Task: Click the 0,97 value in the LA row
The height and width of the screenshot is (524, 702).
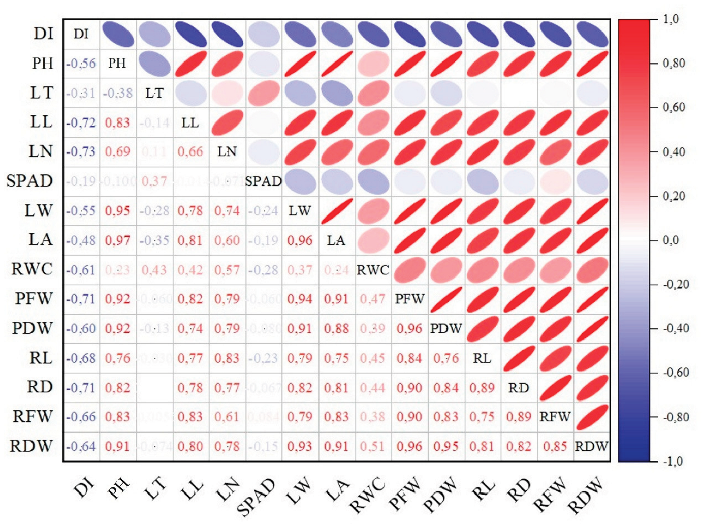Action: pyautogui.click(x=117, y=240)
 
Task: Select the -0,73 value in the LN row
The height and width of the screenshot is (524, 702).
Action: pyautogui.click(x=81, y=151)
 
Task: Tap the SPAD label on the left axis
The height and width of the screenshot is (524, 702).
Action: pyautogui.click(x=29, y=181)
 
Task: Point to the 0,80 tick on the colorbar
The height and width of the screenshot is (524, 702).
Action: pyautogui.click(x=674, y=64)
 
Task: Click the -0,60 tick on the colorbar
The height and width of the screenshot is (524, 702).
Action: pyautogui.click(x=676, y=373)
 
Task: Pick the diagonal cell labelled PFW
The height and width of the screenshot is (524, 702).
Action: pyautogui.click(x=409, y=299)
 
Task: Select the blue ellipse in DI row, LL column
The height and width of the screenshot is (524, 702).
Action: pyautogui.click(x=190, y=35)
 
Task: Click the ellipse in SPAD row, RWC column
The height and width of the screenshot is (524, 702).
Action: pyautogui.click(x=373, y=181)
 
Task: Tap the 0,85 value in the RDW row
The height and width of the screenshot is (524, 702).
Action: pyautogui.click(x=555, y=446)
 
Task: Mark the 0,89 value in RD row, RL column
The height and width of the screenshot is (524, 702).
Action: pyautogui.click(x=482, y=388)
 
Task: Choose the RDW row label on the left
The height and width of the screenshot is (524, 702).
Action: pyautogui.click(x=31, y=446)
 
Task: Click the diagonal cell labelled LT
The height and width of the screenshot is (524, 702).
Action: pyautogui.click(x=154, y=93)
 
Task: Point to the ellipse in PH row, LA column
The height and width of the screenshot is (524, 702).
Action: pyautogui.click(x=337, y=64)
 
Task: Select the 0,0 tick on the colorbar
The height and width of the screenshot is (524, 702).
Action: pyautogui.click(x=671, y=240)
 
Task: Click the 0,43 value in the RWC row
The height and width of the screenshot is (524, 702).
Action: pyautogui.click(x=154, y=270)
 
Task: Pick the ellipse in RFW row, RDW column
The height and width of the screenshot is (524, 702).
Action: pyautogui.click(x=592, y=417)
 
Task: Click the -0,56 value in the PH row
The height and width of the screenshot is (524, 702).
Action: pyautogui.click(x=81, y=64)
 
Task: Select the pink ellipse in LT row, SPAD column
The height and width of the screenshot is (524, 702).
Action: pyautogui.click(x=264, y=93)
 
